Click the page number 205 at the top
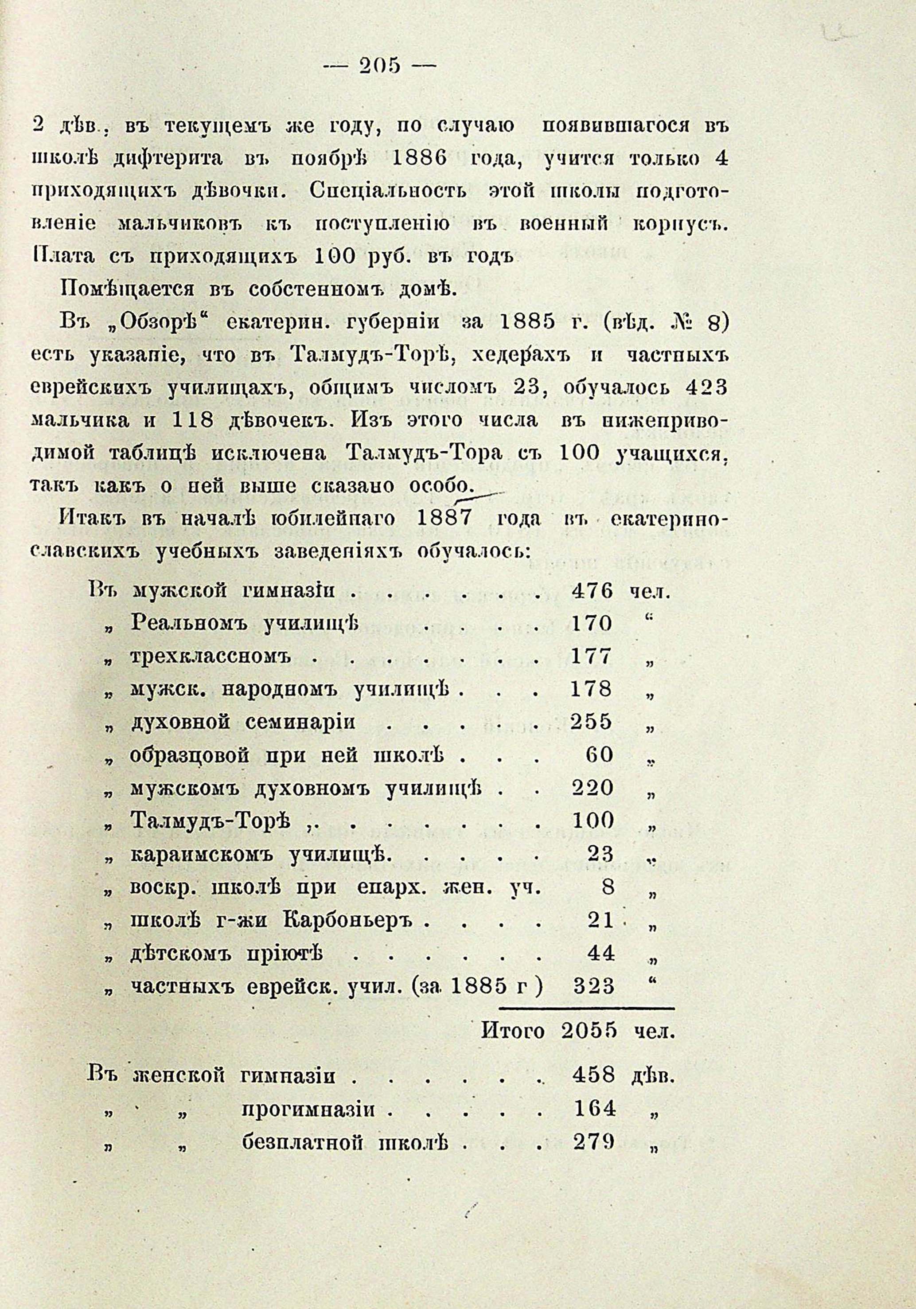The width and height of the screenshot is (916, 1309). pos(378,66)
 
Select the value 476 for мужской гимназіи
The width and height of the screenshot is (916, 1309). pos(592,590)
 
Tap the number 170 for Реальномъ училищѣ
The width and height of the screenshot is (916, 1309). pos(591,624)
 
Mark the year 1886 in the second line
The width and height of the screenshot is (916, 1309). pos(412,159)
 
